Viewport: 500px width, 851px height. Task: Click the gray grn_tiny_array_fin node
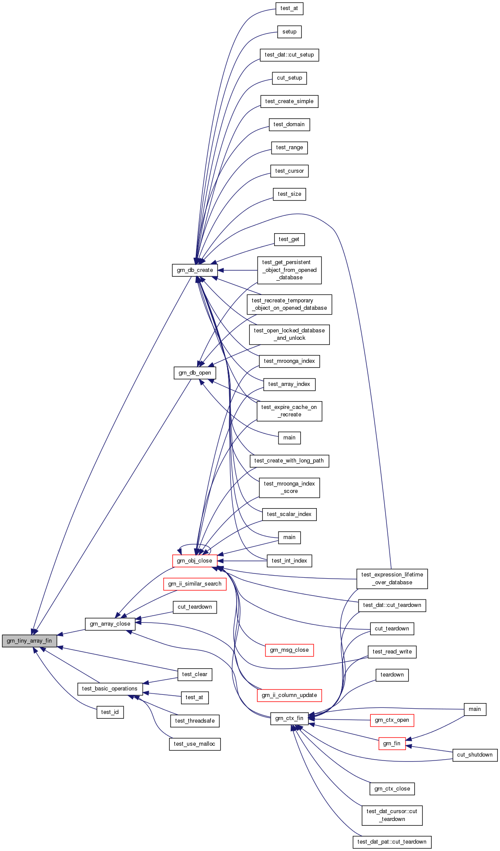coord(29,641)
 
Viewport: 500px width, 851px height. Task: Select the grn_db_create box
coord(195,270)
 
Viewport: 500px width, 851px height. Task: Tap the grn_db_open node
coord(195,373)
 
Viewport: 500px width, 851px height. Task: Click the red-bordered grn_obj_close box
coord(195,561)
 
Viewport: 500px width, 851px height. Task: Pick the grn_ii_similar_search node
coord(195,584)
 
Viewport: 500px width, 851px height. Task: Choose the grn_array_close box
coord(110,624)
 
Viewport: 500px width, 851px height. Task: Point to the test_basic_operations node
coord(110,689)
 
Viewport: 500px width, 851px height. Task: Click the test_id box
coord(110,712)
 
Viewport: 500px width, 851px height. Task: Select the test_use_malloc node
coord(195,744)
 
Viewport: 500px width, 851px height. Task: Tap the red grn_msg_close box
coord(289,650)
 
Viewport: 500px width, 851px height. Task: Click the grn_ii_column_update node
coord(289,695)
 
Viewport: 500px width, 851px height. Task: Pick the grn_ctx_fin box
coord(289,718)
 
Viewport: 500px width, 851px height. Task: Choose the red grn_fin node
coord(392,744)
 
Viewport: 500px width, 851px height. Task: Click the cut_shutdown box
coord(475,755)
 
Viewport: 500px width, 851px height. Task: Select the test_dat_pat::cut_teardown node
coord(392,842)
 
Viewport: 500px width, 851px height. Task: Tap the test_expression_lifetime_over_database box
coord(392,579)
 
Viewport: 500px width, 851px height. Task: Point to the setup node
coord(289,32)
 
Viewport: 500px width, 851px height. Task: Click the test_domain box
coord(289,124)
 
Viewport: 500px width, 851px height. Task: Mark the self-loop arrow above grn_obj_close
coord(195,545)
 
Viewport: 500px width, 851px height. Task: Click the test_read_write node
coord(392,652)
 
